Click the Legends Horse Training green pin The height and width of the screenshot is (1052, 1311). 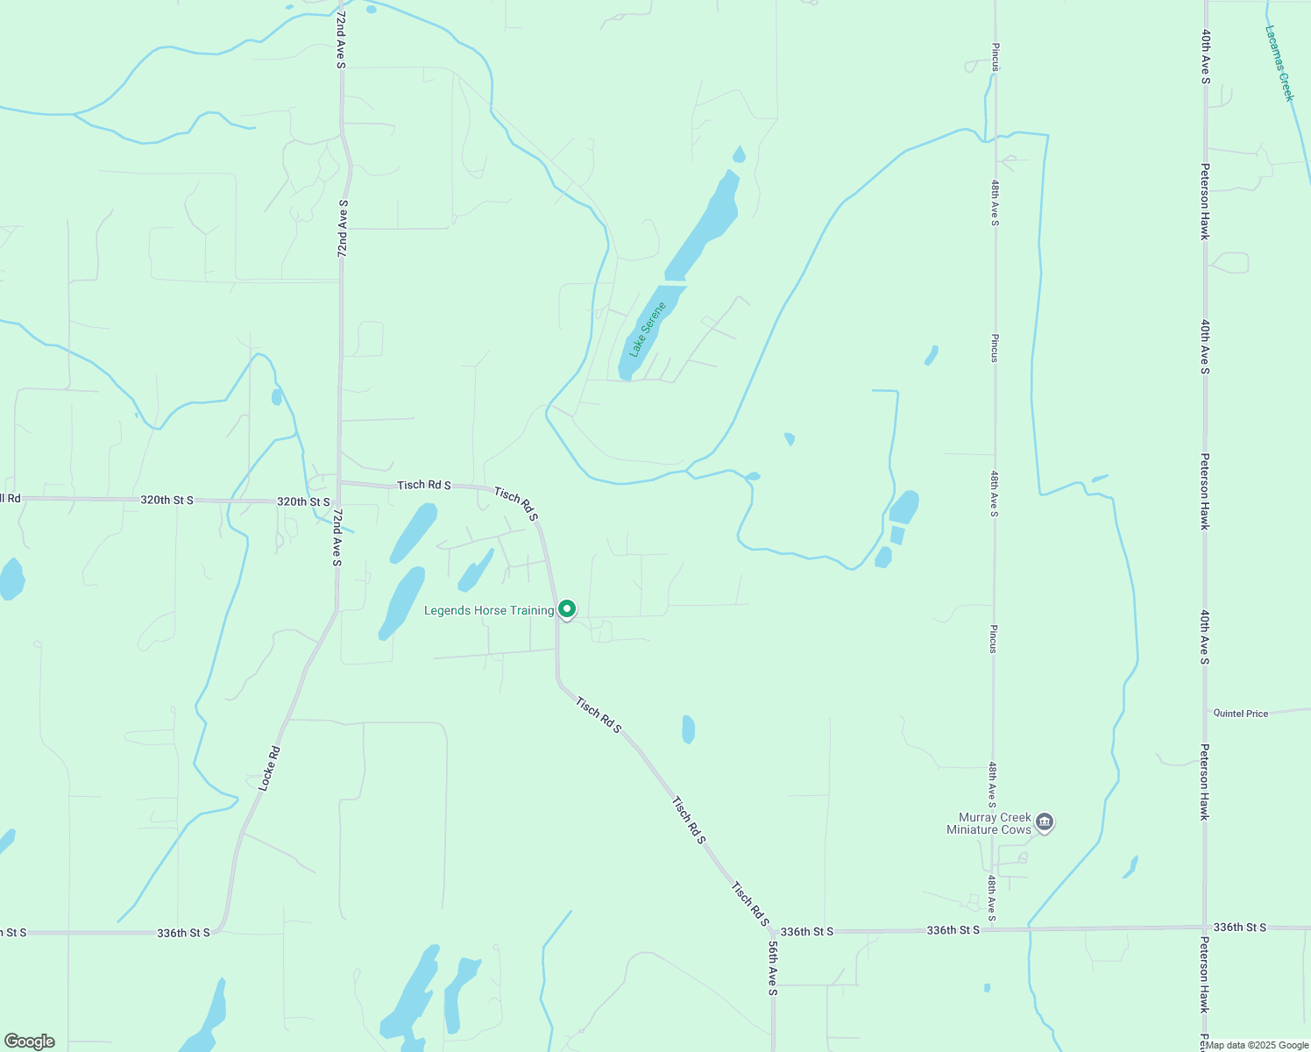(x=567, y=608)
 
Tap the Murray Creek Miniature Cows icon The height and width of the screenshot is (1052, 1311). (x=1044, y=822)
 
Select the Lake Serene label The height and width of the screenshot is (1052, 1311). (x=648, y=329)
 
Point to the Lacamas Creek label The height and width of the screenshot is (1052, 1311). (x=1279, y=63)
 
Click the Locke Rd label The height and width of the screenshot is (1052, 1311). (x=270, y=768)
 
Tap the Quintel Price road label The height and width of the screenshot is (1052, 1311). (x=1240, y=714)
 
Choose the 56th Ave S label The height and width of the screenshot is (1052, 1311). (x=772, y=969)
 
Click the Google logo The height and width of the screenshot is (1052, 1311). (x=30, y=1041)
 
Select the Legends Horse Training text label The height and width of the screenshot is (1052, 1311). (x=489, y=610)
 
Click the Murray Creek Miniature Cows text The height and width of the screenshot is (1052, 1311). (x=989, y=823)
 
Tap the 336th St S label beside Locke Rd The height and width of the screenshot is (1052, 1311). (x=183, y=933)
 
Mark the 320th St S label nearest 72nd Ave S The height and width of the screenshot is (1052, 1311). (x=303, y=501)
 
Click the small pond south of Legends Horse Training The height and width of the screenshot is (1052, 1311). (x=688, y=729)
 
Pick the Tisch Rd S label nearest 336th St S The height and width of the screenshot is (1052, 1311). (x=749, y=904)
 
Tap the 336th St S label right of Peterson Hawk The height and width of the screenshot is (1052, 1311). (x=1239, y=927)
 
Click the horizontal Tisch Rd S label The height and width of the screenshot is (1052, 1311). (x=424, y=485)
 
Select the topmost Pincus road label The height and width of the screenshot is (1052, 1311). (x=995, y=56)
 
